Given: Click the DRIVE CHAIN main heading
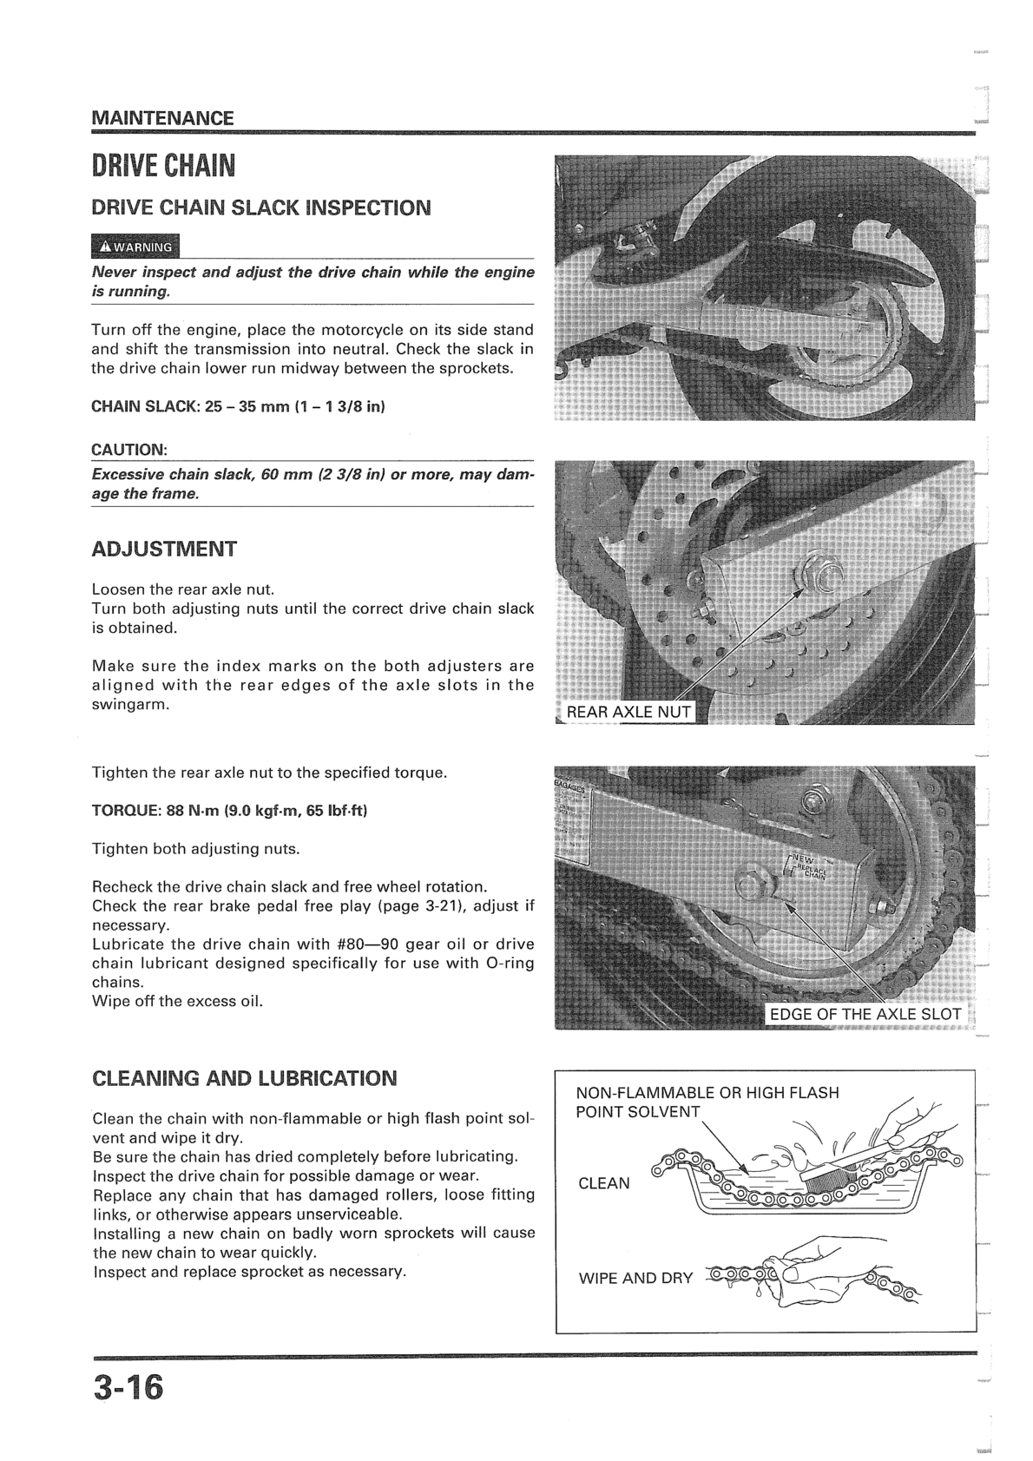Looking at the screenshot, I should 163,165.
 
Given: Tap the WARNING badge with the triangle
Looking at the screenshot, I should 135,247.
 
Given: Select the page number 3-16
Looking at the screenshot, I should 128,1386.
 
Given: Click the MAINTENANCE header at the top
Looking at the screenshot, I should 162,118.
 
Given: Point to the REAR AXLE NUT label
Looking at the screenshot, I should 628,713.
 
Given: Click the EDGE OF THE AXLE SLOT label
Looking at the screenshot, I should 865,1014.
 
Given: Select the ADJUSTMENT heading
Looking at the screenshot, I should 164,550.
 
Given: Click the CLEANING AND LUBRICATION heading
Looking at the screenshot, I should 244,1079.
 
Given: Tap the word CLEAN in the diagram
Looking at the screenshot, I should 604,1183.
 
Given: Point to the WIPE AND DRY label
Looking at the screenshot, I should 635,1278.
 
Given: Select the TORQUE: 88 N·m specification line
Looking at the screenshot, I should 230,811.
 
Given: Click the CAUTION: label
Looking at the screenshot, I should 129,450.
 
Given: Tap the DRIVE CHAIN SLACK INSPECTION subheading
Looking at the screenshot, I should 260,208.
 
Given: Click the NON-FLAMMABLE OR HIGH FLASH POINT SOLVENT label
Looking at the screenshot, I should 707,1102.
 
